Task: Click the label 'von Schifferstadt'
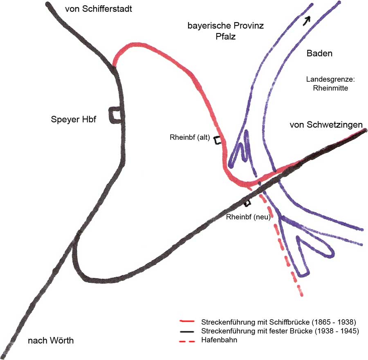(99, 9)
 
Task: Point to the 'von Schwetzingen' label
(326, 125)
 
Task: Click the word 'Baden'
(319, 53)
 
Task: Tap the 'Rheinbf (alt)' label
(190, 138)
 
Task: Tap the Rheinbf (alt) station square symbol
(218, 140)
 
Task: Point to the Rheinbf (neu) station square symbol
(247, 203)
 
